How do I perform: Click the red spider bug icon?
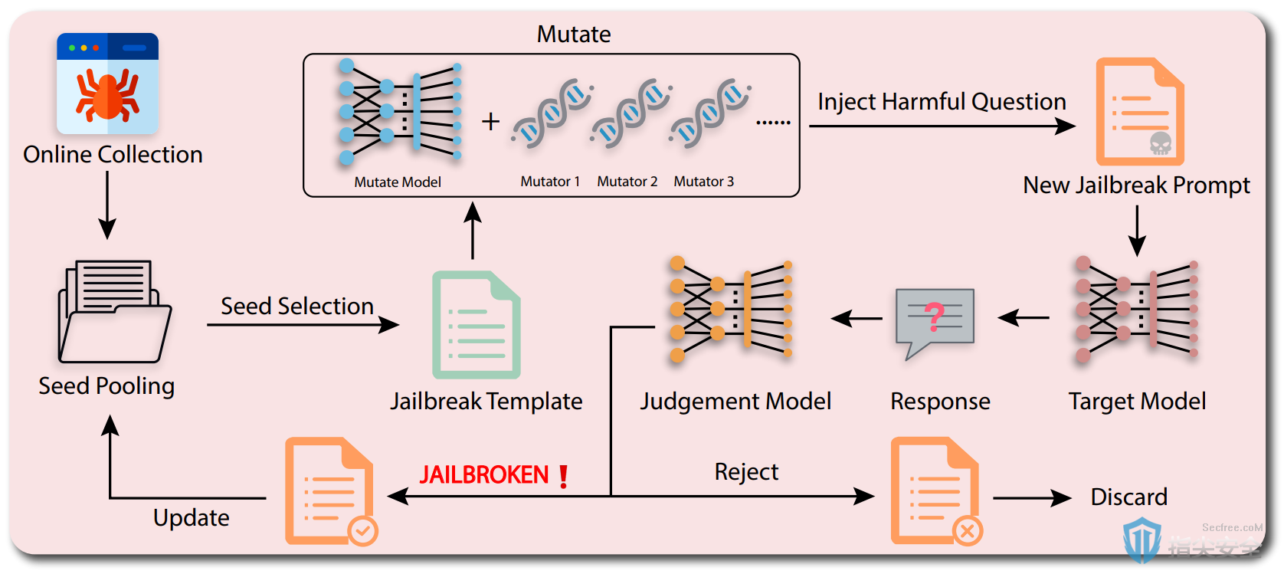point(107,95)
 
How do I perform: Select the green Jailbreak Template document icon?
point(477,325)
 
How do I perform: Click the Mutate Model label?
point(398,182)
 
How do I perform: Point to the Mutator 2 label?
point(627,182)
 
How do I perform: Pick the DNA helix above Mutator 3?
point(709,113)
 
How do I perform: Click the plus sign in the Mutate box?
point(490,122)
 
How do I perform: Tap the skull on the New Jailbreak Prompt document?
point(1161,143)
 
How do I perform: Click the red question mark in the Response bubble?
point(935,317)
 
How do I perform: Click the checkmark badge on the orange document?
point(363,531)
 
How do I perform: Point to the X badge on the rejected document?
point(968,531)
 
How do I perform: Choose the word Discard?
point(1128,497)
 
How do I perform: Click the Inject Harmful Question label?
point(942,102)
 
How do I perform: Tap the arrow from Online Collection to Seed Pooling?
point(107,205)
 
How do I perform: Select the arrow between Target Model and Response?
point(1024,317)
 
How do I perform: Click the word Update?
point(191,518)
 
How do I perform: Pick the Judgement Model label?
point(735,402)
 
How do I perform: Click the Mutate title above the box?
point(574,34)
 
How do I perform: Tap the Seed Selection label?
point(297,307)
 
